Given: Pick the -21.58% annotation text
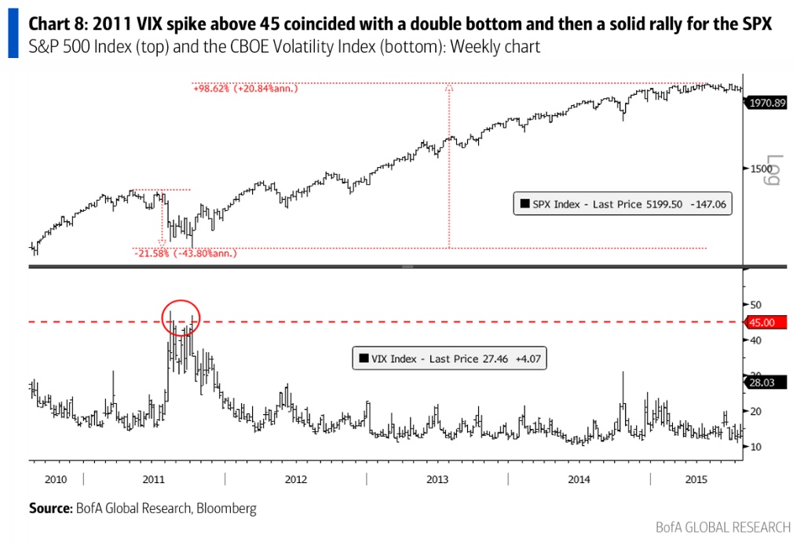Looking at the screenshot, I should [185, 253].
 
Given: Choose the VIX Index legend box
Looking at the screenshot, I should [450, 358].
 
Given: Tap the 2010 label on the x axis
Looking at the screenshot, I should [55, 478].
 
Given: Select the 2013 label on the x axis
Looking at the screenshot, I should [437, 478].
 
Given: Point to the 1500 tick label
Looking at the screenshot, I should [759, 168].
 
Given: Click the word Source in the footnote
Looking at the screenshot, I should [49, 508].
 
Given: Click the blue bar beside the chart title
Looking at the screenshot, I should [13, 35].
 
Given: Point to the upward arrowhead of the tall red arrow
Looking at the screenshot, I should [449, 87].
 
